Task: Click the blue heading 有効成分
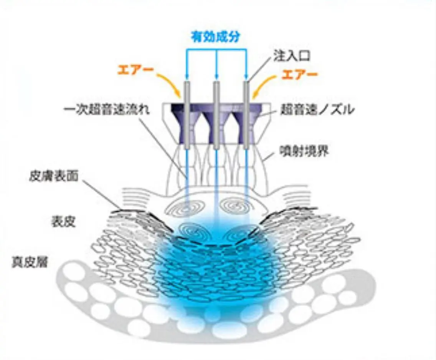tap(215, 37)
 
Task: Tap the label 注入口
tap(292, 56)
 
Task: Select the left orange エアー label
tap(135, 69)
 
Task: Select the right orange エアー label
tap(299, 75)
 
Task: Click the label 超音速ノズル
tap(317, 109)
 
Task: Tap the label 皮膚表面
tap(54, 176)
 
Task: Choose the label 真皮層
tap(30, 262)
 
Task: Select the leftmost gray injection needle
tap(186, 115)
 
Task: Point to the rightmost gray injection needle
tap(246, 115)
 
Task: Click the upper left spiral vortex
tap(185, 208)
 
